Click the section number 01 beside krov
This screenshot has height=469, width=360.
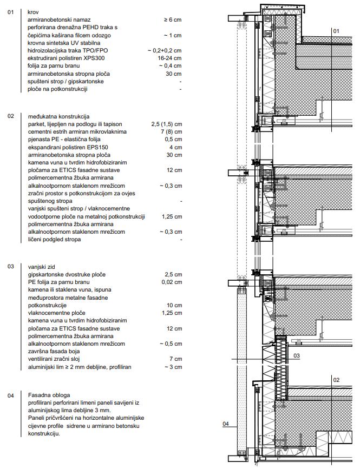pos(10,11)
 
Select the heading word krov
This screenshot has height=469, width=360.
pos(33,11)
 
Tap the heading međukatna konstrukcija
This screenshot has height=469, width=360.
pos(58,116)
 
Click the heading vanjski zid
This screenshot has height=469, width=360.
pos(43,267)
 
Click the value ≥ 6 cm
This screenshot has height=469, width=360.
pos(172,19)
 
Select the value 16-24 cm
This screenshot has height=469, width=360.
pos(169,58)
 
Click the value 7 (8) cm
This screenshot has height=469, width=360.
pos(171,132)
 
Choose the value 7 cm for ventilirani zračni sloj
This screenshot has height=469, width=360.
pos(175,359)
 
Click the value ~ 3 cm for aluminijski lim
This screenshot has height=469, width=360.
pos(173,367)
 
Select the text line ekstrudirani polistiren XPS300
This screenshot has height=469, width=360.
pos(67,58)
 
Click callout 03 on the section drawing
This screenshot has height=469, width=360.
pos(297,356)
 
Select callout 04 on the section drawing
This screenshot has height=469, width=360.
pos(226,424)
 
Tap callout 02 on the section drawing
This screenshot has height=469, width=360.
pos(336,379)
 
